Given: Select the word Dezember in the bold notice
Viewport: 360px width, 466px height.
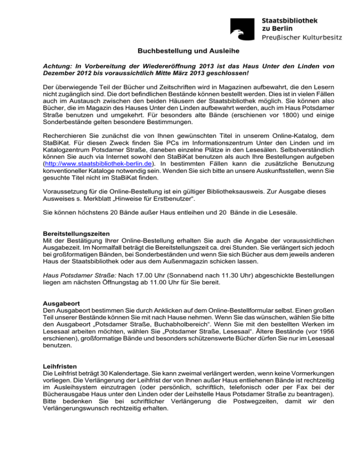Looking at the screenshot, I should click(x=58, y=75).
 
